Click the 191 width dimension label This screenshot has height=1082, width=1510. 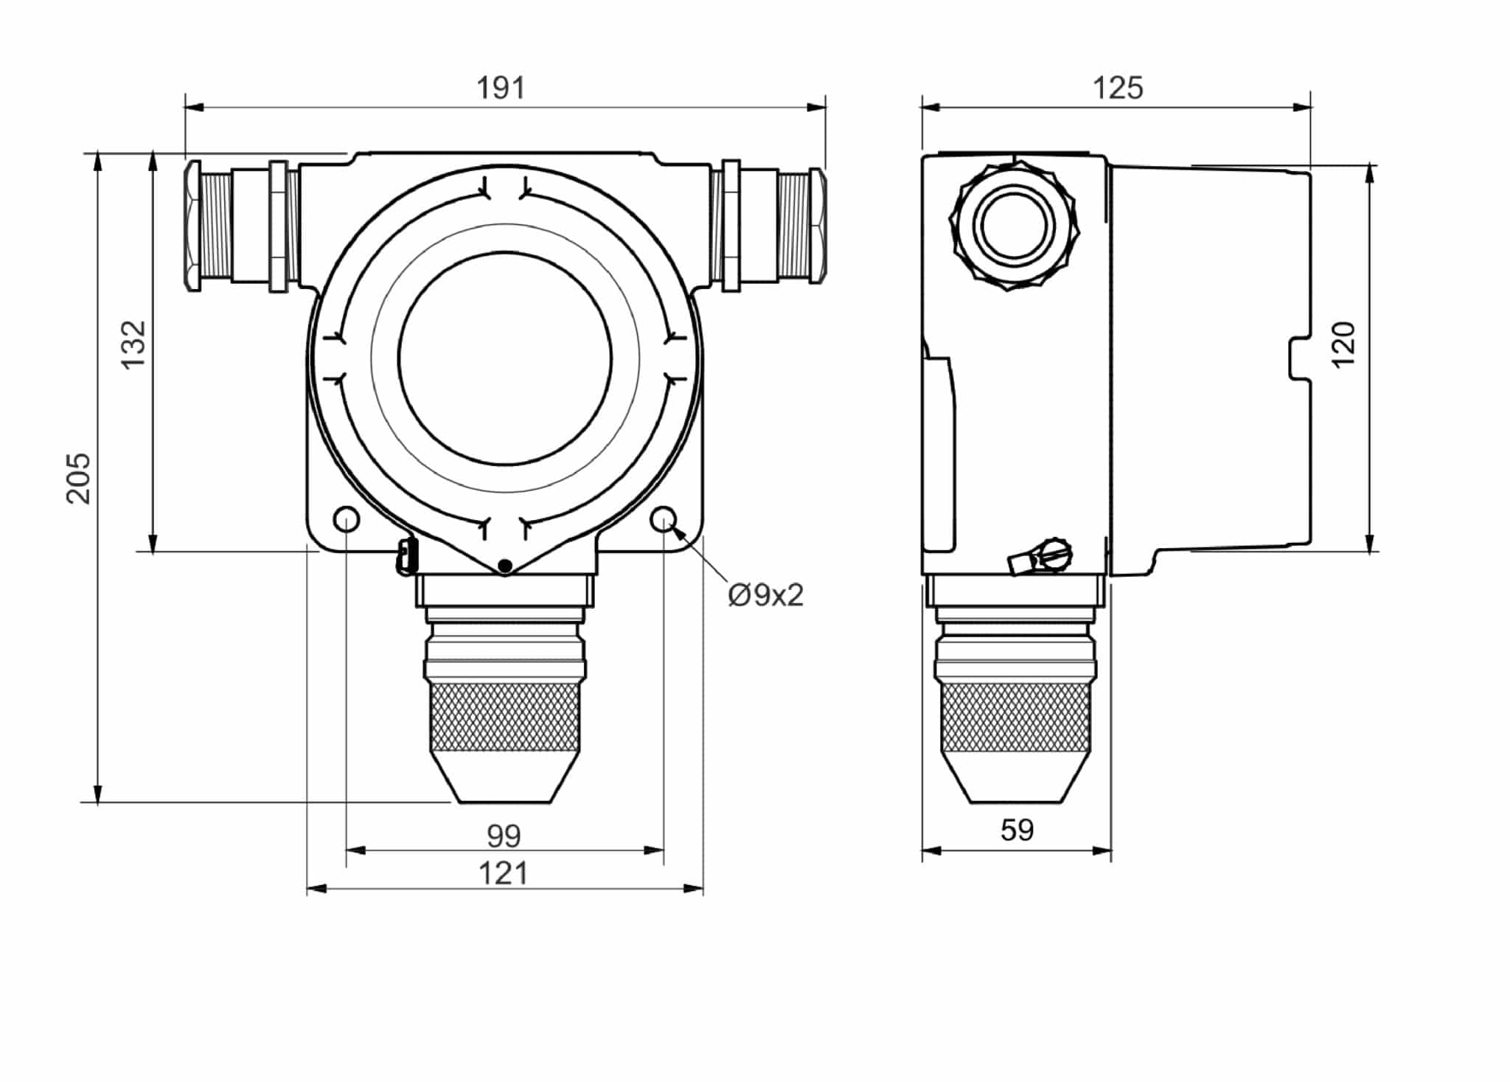[x=501, y=88]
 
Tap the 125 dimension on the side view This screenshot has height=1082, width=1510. [x=1118, y=88]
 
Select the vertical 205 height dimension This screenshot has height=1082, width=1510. [x=79, y=478]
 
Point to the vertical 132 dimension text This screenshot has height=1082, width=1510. [x=134, y=345]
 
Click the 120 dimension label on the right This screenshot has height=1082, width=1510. [x=1343, y=344]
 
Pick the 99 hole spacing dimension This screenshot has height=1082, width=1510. [x=504, y=836]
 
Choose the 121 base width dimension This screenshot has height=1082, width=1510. [x=504, y=874]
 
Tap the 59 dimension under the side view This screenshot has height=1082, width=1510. [x=1017, y=830]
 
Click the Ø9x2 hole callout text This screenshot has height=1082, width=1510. [x=765, y=595]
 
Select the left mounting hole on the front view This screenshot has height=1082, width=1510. [x=347, y=519]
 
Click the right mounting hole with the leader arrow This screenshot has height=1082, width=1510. [x=664, y=519]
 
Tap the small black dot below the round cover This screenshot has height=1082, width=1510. [x=505, y=566]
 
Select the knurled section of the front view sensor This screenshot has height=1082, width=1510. [x=505, y=717]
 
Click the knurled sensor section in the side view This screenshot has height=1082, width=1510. [x=1016, y=717]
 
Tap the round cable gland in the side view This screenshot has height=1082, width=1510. [x=1013, y=226]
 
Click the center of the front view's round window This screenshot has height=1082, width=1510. [x=505, y=359]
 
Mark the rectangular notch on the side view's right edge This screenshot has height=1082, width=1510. [x=1301, y=359]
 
